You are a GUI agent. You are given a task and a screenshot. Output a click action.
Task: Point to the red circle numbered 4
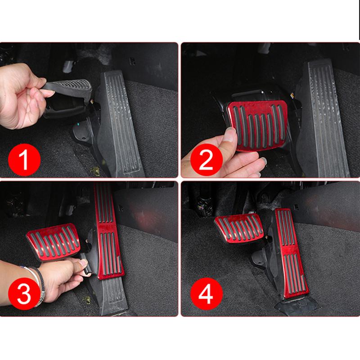point(205,295)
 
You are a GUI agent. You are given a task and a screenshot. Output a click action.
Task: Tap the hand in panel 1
point(22,97)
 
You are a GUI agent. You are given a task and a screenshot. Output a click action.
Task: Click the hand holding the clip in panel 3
point(58,277)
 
